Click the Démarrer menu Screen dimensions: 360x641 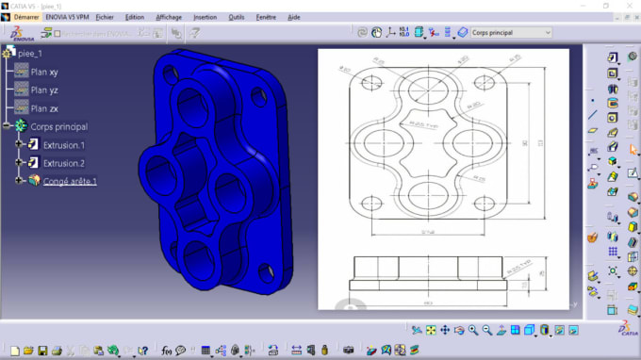pyautogui.click(x=25, y=17)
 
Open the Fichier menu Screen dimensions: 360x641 pyautogui.click(x=105, y=17)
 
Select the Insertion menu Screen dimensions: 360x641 pyautogui.click(x=204, y=17)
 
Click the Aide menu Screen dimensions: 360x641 pyautogui.click(x=293, y=17)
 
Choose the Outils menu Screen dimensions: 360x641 pyautogui.click(x=236, y=17)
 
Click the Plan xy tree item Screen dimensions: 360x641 pyautogui.click(x=44, y=72)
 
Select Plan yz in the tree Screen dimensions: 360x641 pyautogui.click(x=44, y=90)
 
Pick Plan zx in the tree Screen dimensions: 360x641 pyautogui.click(x=44, y=108)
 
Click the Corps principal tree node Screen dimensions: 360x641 pyautogui.click(x=58, y=126)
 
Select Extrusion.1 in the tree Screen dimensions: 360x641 pyautogui.click(x=63, y=145)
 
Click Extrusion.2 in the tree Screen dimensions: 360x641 pyautogui.click(x=63, y=163)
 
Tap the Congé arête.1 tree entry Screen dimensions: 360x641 pyautogui.click(x=69, y=181)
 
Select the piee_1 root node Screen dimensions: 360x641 pyautogui.click(x=32, y=54)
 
